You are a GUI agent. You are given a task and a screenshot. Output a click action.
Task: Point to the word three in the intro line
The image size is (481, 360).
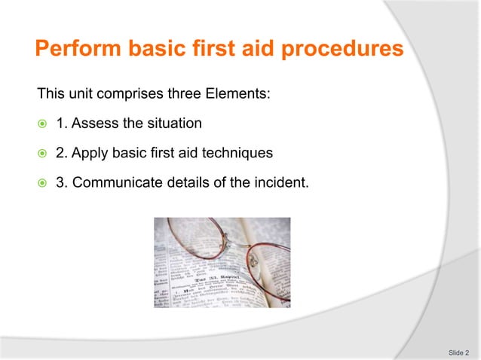pos(185,95)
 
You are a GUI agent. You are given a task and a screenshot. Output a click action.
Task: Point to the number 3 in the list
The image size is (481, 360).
pos(61,182)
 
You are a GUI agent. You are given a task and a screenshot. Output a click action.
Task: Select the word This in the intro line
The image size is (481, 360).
pos(50,95)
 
